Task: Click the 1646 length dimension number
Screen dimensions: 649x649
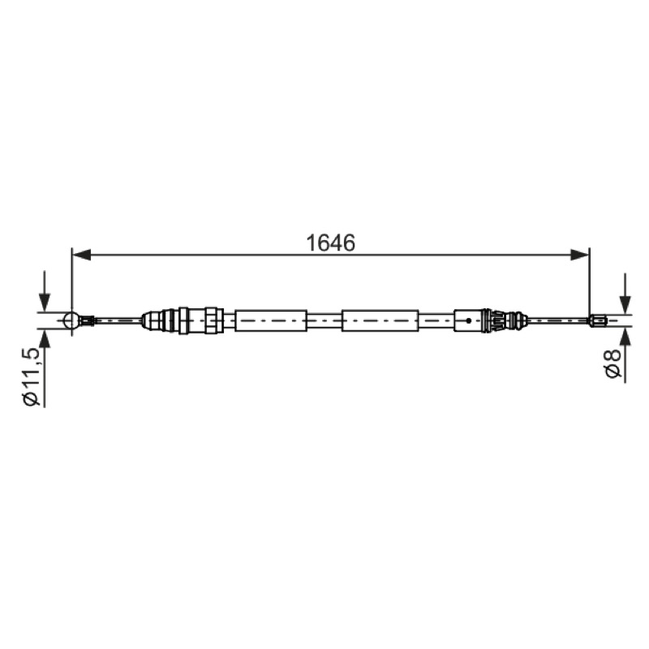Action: (330, 243)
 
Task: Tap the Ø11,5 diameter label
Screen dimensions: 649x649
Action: (32, 376)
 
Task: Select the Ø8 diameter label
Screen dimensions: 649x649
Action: (613, 363)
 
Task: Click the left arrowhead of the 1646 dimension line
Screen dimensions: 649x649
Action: (82, 255)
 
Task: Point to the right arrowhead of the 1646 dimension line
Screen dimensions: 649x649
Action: (579, 255)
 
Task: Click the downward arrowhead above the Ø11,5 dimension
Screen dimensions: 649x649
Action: (45, 302)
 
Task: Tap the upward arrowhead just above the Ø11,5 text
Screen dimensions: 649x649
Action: (45, 338)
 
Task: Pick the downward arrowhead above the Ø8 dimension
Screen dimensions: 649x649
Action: (625, 306)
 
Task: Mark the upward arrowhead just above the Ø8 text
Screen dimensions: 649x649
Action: (625, 335)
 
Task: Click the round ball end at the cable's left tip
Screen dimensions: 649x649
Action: (72, 320)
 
